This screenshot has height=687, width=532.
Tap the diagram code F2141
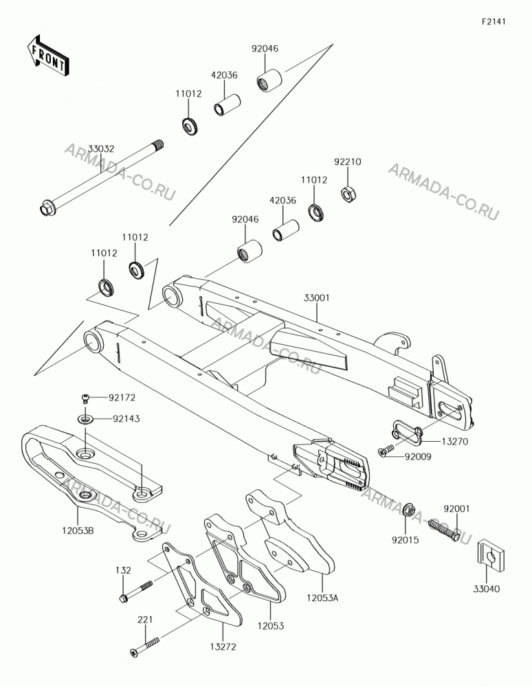(x=494, y=21)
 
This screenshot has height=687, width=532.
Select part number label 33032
(x=101, y=149)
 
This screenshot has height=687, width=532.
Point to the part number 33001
(x=316, y=298)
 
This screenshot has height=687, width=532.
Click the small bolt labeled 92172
(x=86, y=398)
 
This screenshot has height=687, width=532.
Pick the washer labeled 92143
(x=86, y=419)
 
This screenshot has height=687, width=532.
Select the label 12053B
(x=78, y=531)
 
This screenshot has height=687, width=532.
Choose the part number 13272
(x=223, y=646)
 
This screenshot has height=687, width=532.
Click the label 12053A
(x=322, y=598)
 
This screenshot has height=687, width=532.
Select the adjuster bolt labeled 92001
(x=444, y=530)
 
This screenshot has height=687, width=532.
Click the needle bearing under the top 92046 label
(x=269, y=79)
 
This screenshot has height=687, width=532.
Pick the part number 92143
(x=126, y=419)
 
